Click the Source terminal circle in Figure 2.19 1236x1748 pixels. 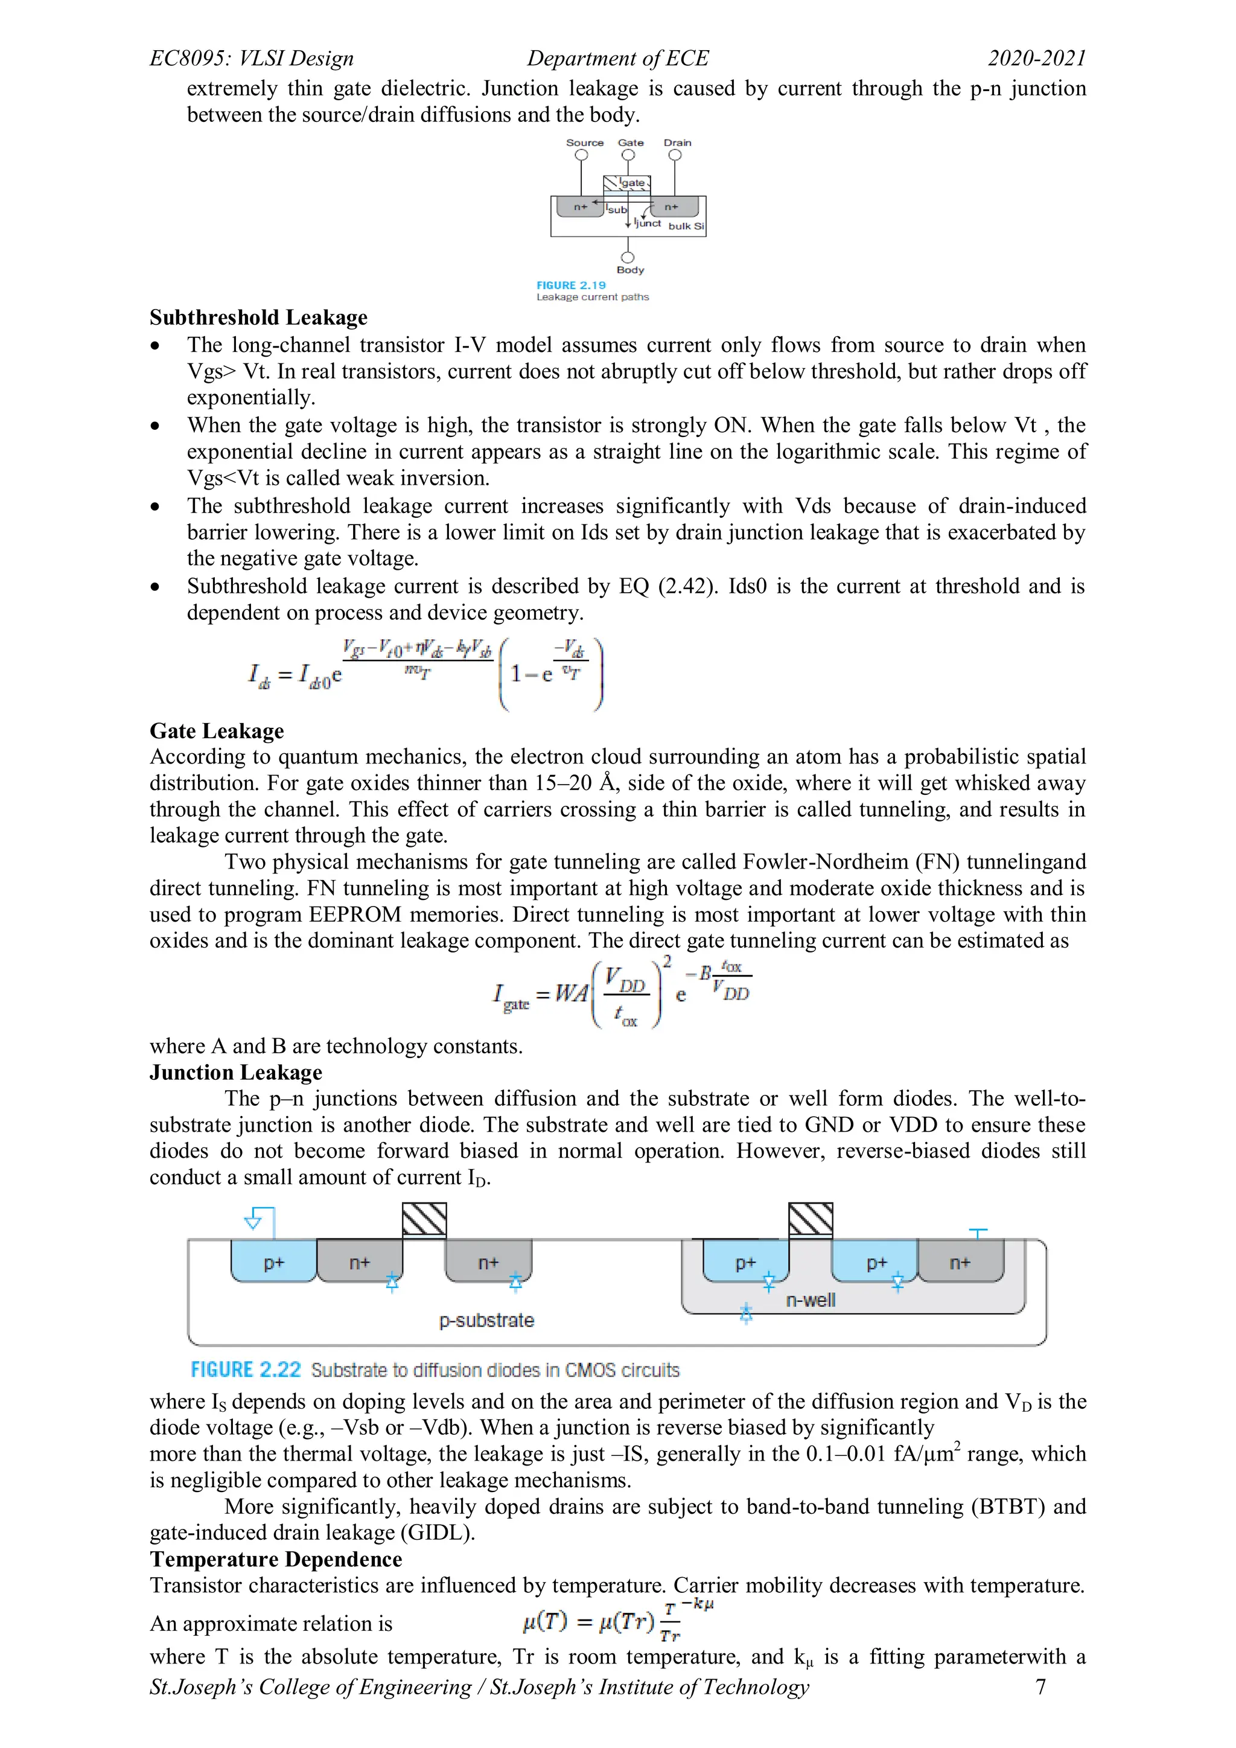pyautogui.click(x=581, y=155)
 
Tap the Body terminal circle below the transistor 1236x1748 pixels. pyautogui.click(x=628, y=257)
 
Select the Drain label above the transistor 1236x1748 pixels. pyautogui.click(x=677, y=142)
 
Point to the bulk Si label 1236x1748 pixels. pyautogui.click(x=686, y=226)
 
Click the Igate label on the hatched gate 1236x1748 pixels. pyautogui.click(x=632, y=183)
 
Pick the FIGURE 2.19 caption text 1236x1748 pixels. pyautogui.click(x=571, y=285)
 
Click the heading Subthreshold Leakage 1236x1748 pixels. pyautogui.click(x=258, y=317)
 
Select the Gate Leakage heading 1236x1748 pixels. pyautogui.click(x=217, y=731)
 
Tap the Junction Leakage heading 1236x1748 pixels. pyautogui.click(x=236, y=1072)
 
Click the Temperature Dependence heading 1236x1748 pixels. pyautogui.click(x=276, y=1559)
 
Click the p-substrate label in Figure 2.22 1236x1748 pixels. pyautogui.click(x=486, y=1320)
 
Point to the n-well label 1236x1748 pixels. pyautogui.click(x=811, y=1300)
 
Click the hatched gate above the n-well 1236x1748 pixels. pyautogui.click(x=811, y=1220)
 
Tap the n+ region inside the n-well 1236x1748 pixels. pyautogui.click(x=960, y=1263)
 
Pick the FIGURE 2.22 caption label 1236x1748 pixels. pyautogui.click(x=245, y=1370)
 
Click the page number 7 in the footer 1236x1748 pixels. pyautogui.click(x=1040, y=1687)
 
